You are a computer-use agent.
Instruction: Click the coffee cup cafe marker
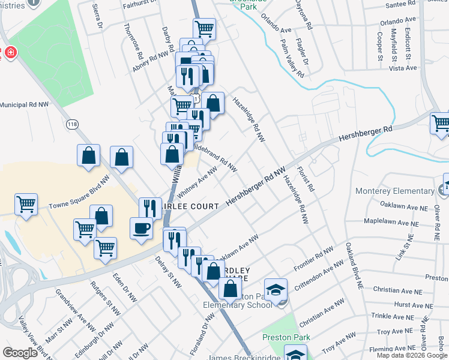tap(142, 228)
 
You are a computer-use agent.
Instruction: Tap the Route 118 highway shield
tap(72, 124)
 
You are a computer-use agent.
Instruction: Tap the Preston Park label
tap(286, 337)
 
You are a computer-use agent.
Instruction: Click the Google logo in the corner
tap(20, 353)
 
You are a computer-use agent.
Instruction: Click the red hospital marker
tap(10, 53)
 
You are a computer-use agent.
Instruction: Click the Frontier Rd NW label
tap(313, 259)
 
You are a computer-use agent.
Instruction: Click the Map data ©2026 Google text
tap(412, 355)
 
